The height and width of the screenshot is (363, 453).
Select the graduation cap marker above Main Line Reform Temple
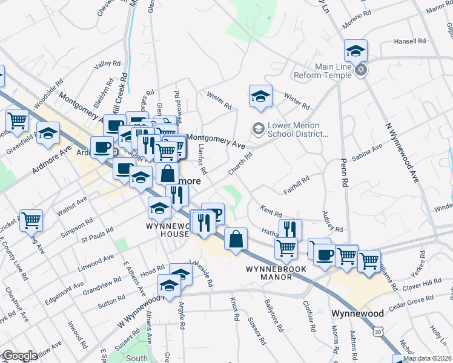pos(356,51)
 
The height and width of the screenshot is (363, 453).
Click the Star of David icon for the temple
pos(361,70)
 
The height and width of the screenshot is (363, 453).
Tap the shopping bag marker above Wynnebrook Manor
pos(236,239)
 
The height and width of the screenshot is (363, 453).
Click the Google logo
pos(19,355)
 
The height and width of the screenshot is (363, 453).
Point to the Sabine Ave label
pos(367,151)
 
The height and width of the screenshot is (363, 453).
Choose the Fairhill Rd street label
pos(296,185)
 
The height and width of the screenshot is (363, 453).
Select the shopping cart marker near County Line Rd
pos(31,221)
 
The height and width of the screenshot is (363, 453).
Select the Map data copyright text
pos(428,358)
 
